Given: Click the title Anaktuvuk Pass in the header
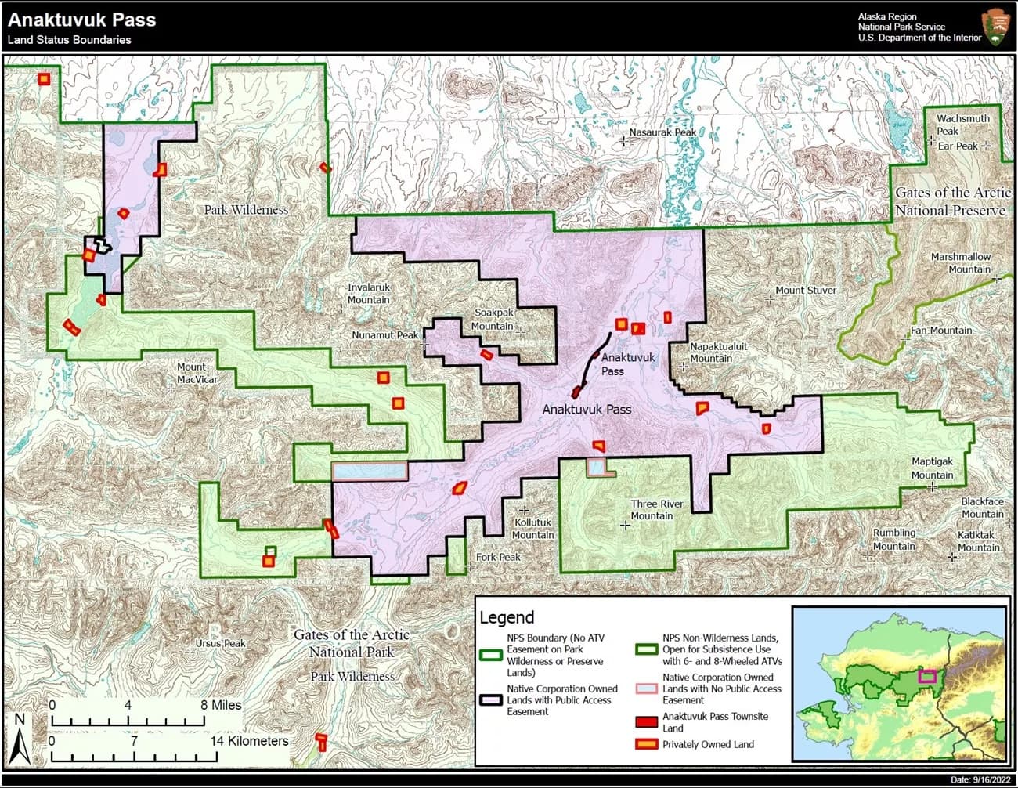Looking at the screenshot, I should (81, 20).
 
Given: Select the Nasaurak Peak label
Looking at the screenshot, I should (662, 132).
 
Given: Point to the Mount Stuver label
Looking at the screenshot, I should (805, 290).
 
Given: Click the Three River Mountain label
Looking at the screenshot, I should (656, 509).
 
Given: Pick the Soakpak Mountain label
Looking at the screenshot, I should (493, 319).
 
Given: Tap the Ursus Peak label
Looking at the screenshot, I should (220, 643).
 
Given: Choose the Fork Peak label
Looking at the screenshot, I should (498, 557).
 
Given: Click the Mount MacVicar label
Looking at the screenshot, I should (197, 373).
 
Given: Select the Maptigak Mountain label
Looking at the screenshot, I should (932, 468).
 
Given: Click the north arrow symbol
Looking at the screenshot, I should (21, 740).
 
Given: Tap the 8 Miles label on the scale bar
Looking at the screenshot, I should (221, 705).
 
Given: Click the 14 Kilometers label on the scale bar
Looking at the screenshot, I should (249, 740).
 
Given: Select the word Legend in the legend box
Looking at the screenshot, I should (507, 617).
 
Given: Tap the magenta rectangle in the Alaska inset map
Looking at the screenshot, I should (927, 675).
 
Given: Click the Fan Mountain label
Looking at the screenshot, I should (940, 330).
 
